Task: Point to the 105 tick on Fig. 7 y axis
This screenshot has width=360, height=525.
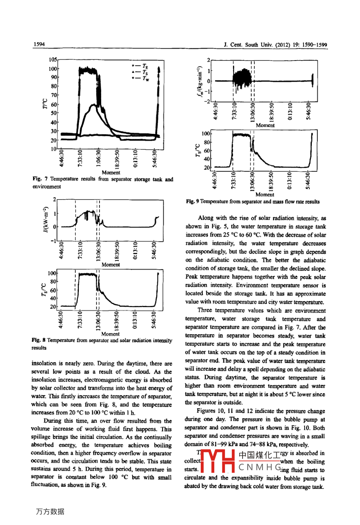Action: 53,59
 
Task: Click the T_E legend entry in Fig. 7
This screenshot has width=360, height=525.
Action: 140,66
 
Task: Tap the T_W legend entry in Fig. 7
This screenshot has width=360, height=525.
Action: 140,78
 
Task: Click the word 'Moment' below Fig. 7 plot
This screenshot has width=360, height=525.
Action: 111,172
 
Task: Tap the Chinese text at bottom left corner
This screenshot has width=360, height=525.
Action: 50,511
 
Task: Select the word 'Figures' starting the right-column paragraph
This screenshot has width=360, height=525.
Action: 207,411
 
